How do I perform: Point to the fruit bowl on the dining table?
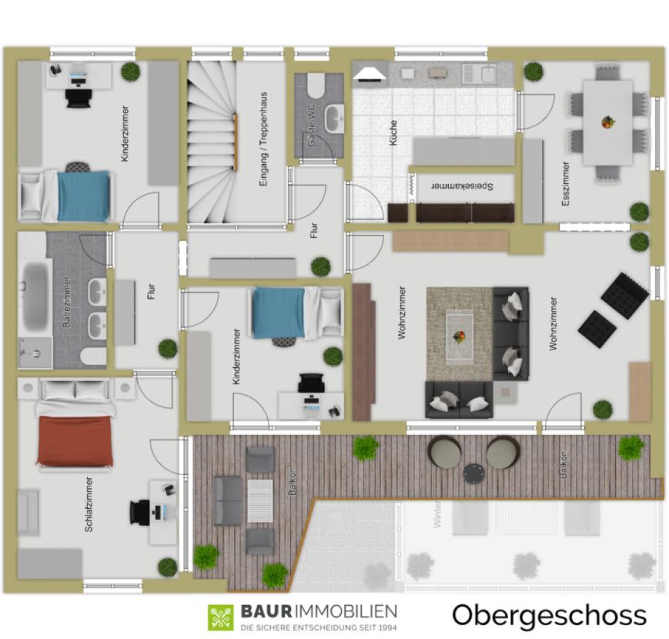[x=607, y=122]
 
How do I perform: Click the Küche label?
[x=393, y=137]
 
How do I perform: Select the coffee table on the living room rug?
[x=460, y=335]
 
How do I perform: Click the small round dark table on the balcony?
[x=473, y=473]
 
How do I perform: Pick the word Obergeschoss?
[x=549, y=615]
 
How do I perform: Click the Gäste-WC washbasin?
[x=334, y=118]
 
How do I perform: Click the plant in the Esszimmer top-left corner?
[x=533, y=72]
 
